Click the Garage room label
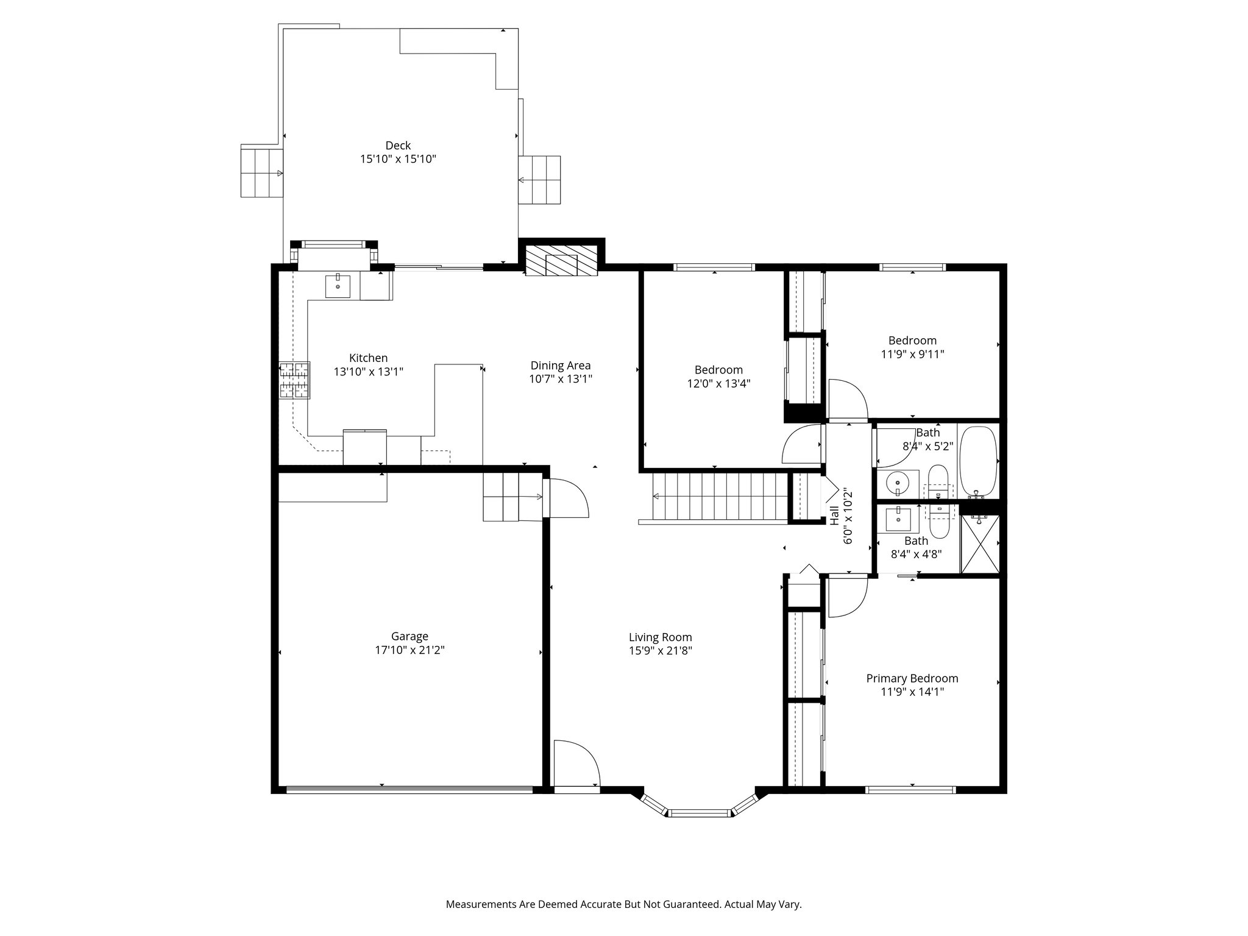pyautogui.click(x=409, y=637)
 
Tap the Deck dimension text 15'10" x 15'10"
pyautogui.click(x=398, y=159)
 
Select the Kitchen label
pyautogui.click(x=368, y=358)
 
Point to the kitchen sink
pyautogui.click(x=338, y=286)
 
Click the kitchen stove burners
pyautogui.click(x=294, y=380)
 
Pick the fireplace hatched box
pyautogui.click(x=561, y=261)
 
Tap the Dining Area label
pyautogui.click(x=561, y=366)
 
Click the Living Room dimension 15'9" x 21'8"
pyautogui.click(x=661, y=650)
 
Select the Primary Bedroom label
pyautogui.click(x=912, y=678)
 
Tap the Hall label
pyautogui.click(x=834, y=517)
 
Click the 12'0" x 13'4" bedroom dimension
pyautogui.click(x=718, y=383)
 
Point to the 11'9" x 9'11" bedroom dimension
pyautogui.click(x=912, y=354)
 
